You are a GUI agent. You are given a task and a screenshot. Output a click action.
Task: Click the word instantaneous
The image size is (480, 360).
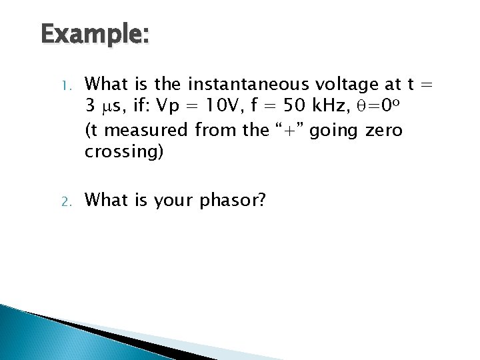click(x=245, y=84)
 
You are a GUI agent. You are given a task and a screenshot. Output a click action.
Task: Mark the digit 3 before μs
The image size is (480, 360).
click(x=91, y=106)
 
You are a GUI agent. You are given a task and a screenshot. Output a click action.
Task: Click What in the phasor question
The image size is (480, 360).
click(x=110, y=198)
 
